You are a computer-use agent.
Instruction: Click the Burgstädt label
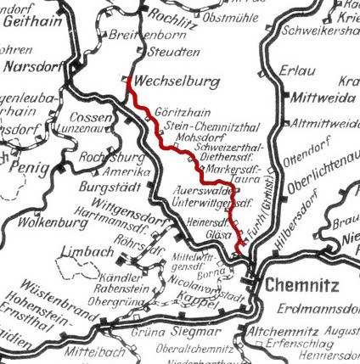pyautogui.click(x=108, y=185)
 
